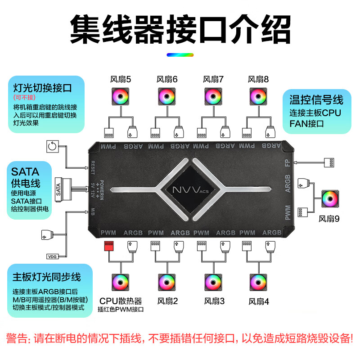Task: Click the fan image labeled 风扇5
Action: click(121, 98)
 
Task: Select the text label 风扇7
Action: click(213, 80)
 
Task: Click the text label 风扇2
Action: click(167, 301)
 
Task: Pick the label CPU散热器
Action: click(121, 301)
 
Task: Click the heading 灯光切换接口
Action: click(42, 87)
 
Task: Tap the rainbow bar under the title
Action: click(180, 55)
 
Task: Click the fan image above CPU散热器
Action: click(121, 282)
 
